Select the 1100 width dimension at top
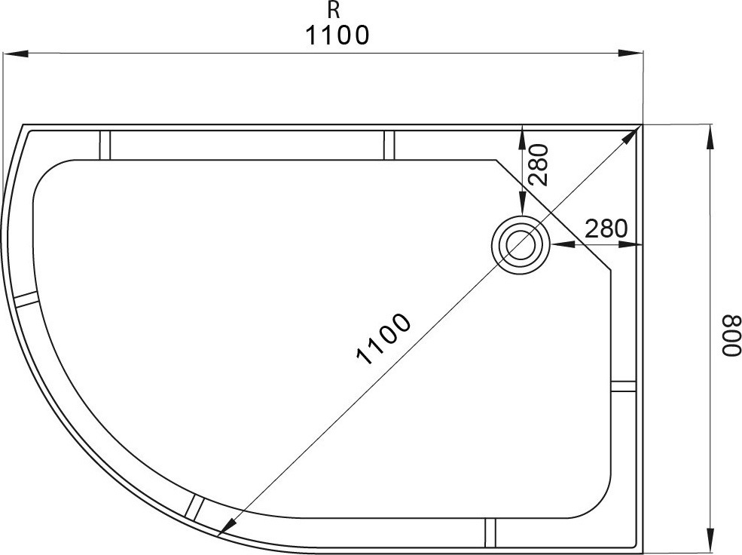pos(337,35)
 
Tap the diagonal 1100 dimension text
pos(383,339)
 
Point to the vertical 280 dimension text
pos(539,165)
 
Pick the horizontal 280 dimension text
pos(606,228)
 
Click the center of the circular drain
pos(521,244)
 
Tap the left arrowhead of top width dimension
pos(16,53)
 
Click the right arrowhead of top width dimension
pos(632,53)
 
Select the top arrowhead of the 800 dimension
pos(710,136)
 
